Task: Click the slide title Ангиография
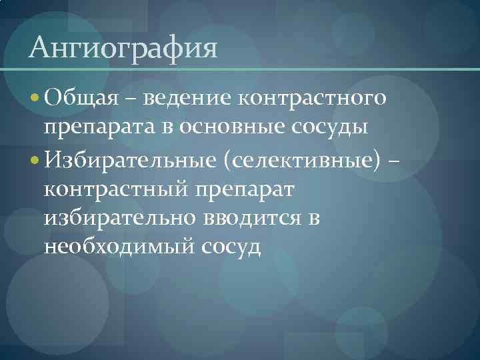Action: (x=124, y=49)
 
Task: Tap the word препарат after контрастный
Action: (x=244, y=189)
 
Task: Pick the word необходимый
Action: (x=117, y=247)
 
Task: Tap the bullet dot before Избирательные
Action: (x=35, y=161)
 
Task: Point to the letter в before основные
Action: (x=172, y=127)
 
